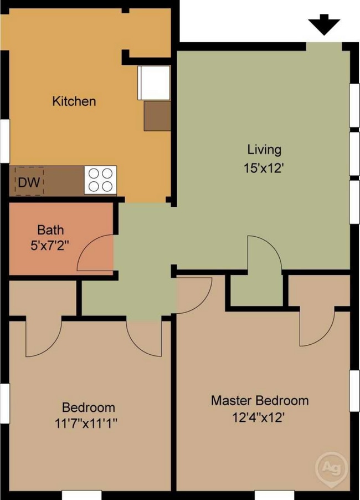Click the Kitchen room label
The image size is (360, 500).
pyautogui.click(x=74, y=101)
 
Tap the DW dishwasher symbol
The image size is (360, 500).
pyautogui.click(x=29, y=182)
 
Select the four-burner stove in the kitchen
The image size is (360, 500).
pyautogui.click(x=100, y=180)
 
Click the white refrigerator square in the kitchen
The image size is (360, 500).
pyautogui.click(x=154, y=83)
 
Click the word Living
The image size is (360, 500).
pyautogui.click(x=264, y=150)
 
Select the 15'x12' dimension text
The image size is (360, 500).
pyautogui.click(x=264, y=168)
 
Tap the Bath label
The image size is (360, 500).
pyautogui.click(x=50, y=230)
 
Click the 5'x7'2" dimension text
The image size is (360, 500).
pyautogui.click(x=50, y=246)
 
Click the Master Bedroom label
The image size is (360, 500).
pyautogui.click(x=260, y=401)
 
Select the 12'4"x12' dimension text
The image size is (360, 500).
pyautogui.click(x=258, y=417)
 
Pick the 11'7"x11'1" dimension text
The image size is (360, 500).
pyautogui.click(x=86, y=424)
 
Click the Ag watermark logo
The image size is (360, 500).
pyautogui.click(x=332, y=468)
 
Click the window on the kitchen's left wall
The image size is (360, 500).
pyautogui.click(x=5, y=141)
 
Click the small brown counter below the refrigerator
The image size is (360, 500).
pyautogui.click(x=157, y=116)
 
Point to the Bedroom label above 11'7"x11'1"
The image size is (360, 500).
pyautogui.click(x=89, y=407)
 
